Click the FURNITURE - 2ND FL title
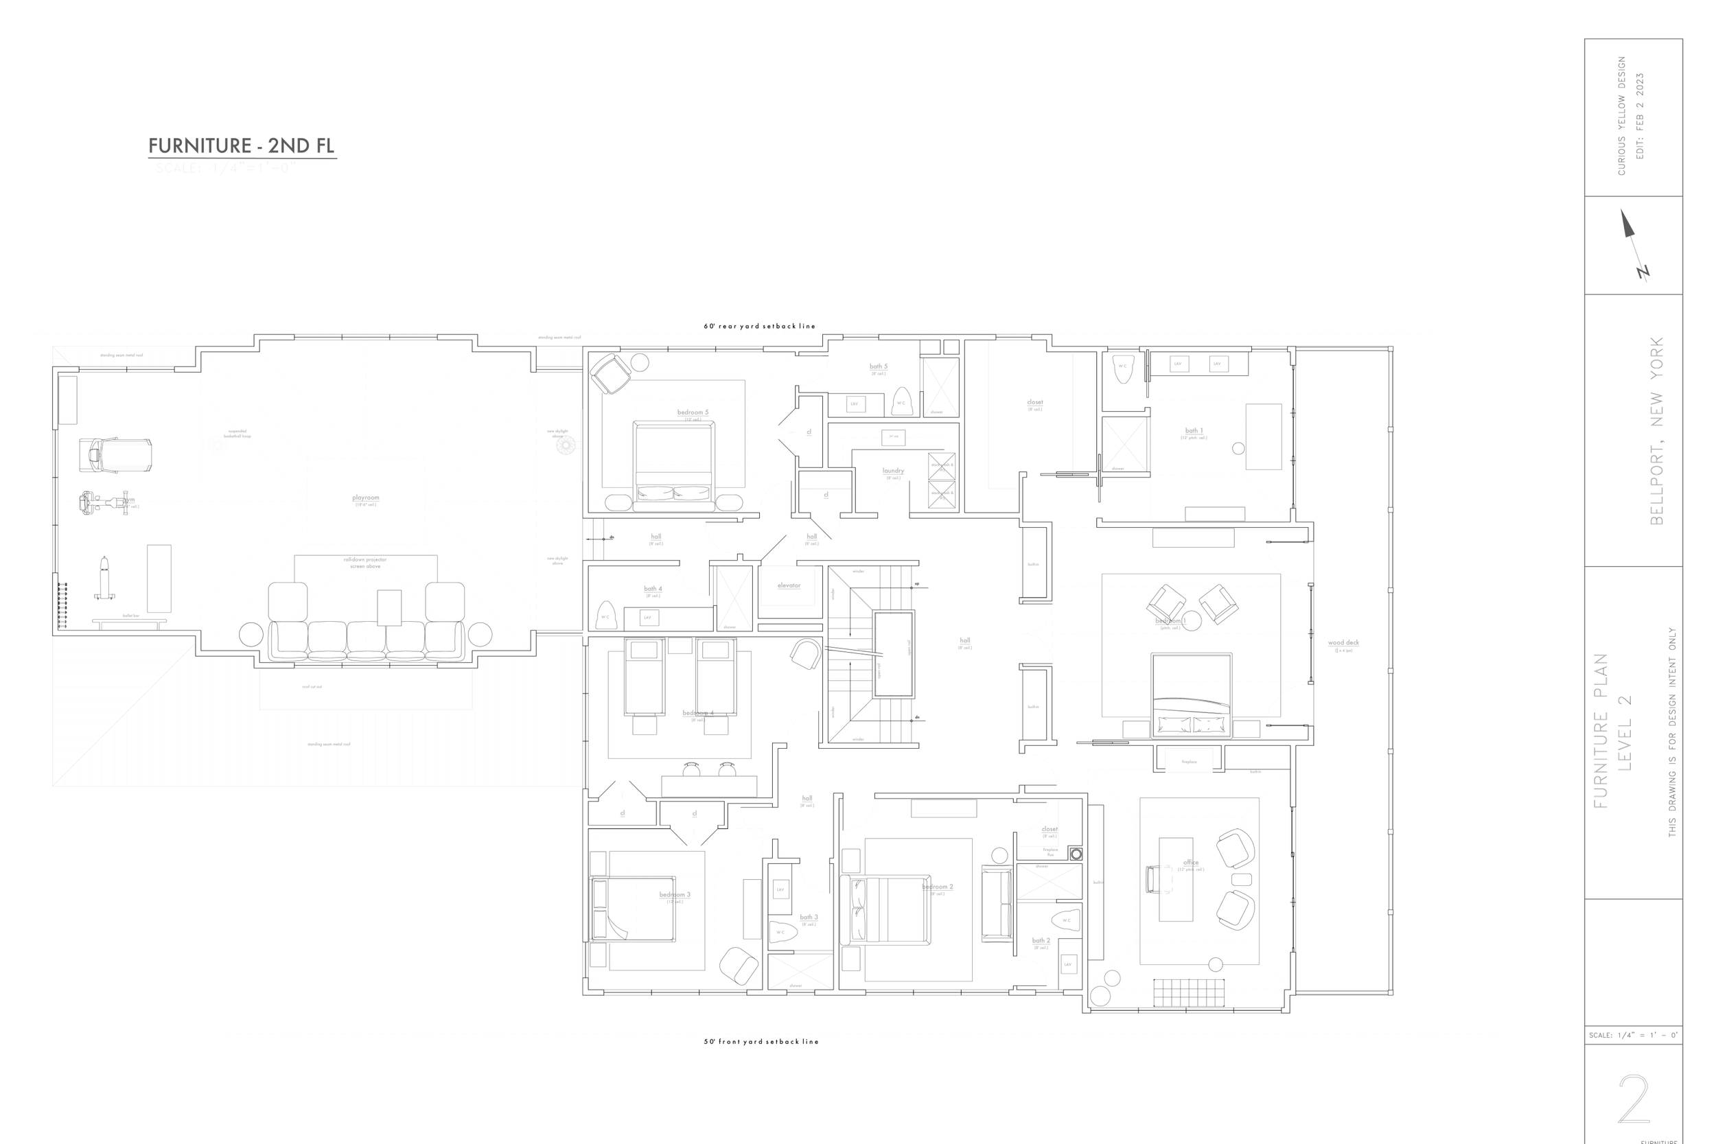(242, 146)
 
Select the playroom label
(366, 498)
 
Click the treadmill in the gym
(115, 454)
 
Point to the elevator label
(789, 585)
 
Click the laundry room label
(893, 471)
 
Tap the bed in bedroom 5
(673, 461)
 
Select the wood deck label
(1343, 643)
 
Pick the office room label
(1191, 863)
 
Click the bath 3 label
(809, 917)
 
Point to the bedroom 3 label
(675, 894)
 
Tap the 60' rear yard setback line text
(758, 326)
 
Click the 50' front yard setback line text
(761, 1041)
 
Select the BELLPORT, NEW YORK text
(1657, 430)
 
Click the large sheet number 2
(1633, 1099)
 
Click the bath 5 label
(879, 366)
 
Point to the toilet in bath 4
(605, 614)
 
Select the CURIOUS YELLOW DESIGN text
(1621, 115)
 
